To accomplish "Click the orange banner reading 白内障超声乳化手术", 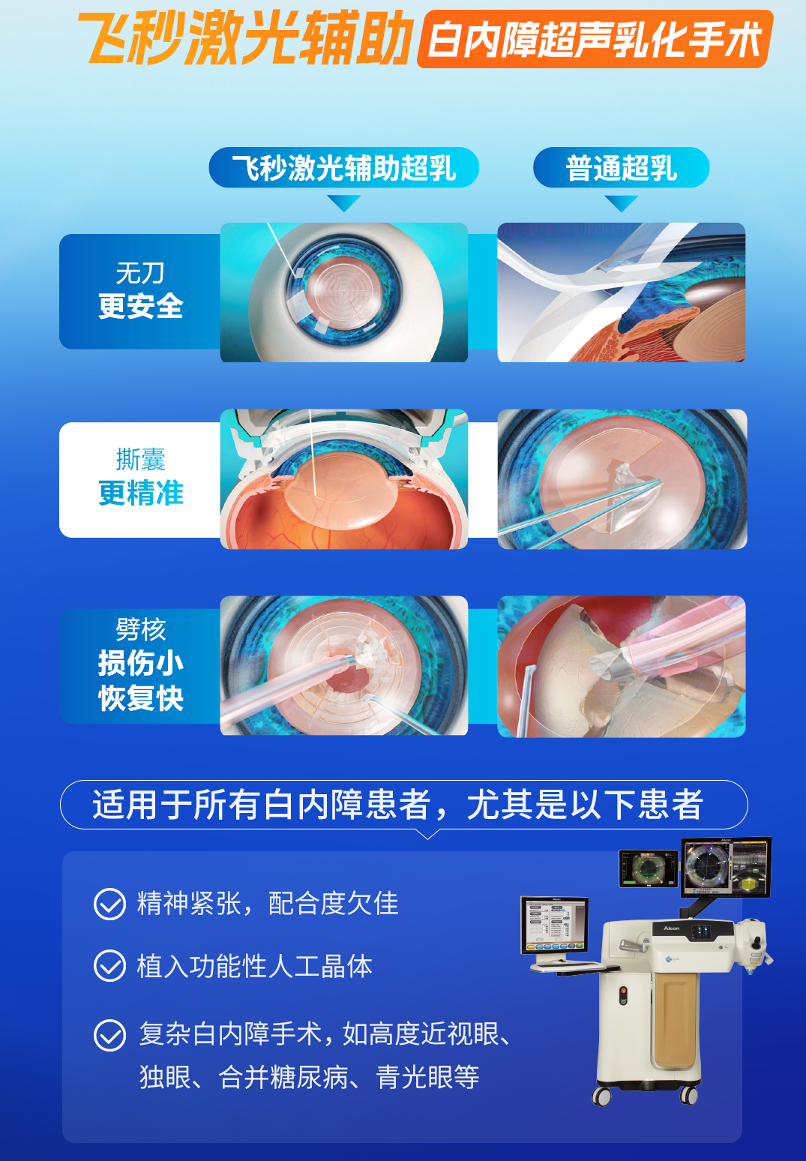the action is click(595, 40).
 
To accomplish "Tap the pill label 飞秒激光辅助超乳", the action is click(344, 167).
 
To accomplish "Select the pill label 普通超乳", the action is click(621, 167).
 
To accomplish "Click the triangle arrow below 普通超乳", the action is click(621, 203).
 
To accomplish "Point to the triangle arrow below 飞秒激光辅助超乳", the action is click(344, 203).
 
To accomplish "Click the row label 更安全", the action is click(141, 306).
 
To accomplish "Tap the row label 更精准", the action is click(141, 493).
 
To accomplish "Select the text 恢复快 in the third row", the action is click(141, 697).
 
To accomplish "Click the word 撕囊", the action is click(141, 459).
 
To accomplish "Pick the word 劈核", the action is click(141, 630).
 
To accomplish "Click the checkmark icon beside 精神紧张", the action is click(109, 904).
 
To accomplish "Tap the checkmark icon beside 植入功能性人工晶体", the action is click(109, 965).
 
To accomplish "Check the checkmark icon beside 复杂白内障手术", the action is click(109, 1035).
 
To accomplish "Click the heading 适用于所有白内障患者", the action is click(262, 805).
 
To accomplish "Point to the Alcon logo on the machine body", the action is click(671, 928).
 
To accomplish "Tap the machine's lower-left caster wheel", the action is click(601, 1096).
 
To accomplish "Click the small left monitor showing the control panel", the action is click(554, 926).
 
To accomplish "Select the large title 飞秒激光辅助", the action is click(247, 40).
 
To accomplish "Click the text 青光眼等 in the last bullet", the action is click(428, 1077).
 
